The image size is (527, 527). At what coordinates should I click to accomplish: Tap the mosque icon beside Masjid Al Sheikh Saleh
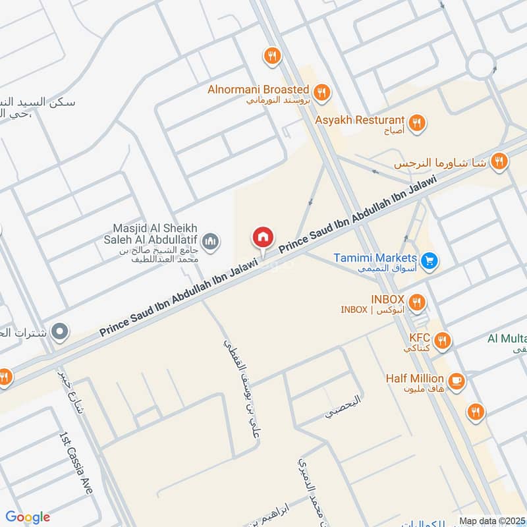[x=211, y=242]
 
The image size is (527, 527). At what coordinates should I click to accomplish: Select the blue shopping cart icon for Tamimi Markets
[x=430, y=262]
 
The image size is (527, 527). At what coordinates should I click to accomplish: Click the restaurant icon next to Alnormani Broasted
[x=321, y=92]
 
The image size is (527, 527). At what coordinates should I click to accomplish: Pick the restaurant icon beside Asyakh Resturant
[x=416, y=122]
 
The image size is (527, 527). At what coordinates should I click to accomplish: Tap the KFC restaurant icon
[x=443, y=341]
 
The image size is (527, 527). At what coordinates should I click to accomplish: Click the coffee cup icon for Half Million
[x=456, y=380]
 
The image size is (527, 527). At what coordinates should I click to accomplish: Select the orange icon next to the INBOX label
[x=416, y=302]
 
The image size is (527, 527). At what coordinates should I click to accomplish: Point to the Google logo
[x=28, y=517]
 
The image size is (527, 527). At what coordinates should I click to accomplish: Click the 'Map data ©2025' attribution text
[x=491, y=520]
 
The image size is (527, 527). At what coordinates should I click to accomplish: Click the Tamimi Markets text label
[x=375, y=258]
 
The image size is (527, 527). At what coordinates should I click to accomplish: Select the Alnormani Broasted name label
[x=258, y=89]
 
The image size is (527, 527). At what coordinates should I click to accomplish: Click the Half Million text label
[x=415, y=379]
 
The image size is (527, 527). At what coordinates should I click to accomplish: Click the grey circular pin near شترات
[x=61, y=331]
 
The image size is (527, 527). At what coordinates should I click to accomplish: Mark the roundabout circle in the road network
[x=482, y=65]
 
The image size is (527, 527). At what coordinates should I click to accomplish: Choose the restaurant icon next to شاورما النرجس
[x=499, y=160]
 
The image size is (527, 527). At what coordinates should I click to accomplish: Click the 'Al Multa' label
[x=507, y=339]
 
